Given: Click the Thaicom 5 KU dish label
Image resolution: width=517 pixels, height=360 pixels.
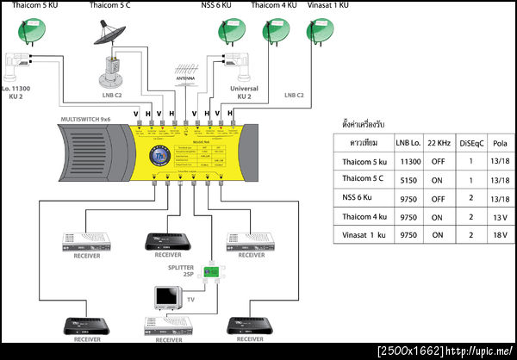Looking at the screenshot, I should (x=30, y=6).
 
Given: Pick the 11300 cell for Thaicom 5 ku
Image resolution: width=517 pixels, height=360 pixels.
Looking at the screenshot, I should (x=409, y=162).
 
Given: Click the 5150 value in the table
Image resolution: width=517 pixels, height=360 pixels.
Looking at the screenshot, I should (x=409, y=180).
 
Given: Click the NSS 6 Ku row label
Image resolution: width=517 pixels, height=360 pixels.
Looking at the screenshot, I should (x=362, y=198).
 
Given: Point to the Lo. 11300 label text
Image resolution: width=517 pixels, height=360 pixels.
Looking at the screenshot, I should (x=18, y=90).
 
